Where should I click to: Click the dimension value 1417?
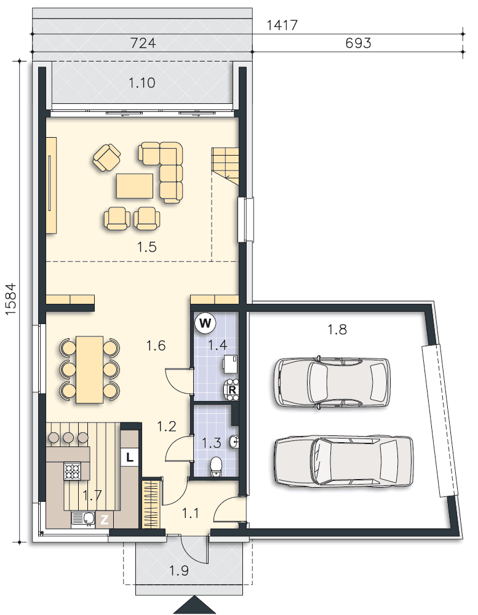tap(282, 25)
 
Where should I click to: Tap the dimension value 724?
tap(143, 43)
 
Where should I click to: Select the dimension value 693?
tap(358, 43)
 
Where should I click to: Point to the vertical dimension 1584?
tap(11, 299)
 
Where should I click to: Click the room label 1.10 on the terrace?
tap(142, 83)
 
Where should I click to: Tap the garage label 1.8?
tap(337, 330)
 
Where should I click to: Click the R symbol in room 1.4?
tap(233, 390)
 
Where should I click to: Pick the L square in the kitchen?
tap(130, 456)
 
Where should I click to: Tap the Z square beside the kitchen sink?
tap(105, 520)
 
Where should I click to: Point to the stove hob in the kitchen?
tap(73, 471)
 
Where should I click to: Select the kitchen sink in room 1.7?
tap(84, 519)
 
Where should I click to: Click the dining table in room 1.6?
tap(90, 369)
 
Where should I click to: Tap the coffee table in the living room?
tap(135, 186)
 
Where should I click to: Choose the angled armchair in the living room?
tap(107, 157)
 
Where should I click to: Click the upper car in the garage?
tap(332, 383)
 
